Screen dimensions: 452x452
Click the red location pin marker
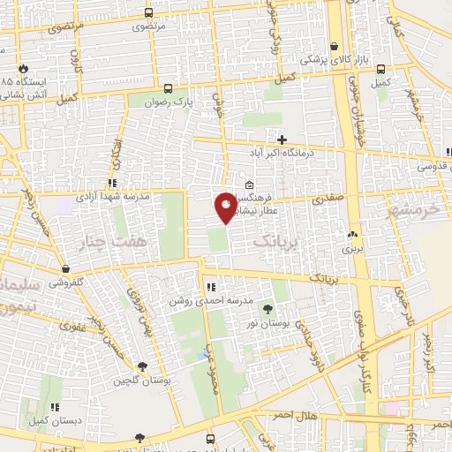(x=227, y=207)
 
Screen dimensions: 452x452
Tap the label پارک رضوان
(x=198, y=102)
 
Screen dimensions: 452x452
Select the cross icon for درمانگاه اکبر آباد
(x=282, y=139)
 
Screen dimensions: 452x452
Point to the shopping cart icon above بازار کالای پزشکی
(x=335, y=47)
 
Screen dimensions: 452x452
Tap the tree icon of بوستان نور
(x=267, y=308)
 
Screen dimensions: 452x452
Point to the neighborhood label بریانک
(x=276, y=240)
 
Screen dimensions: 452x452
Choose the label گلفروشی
(x=66, y=282)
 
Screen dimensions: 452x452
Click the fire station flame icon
(x=23, y=68)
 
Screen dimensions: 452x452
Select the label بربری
(x=353, y=249)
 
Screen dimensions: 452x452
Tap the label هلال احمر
(x=295, y=415)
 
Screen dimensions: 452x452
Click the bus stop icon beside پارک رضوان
(x=168, y=88)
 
